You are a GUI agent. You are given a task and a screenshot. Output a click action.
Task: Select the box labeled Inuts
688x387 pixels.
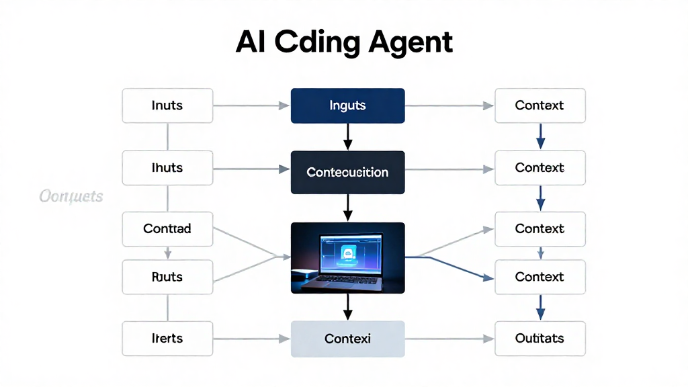click(167, 105)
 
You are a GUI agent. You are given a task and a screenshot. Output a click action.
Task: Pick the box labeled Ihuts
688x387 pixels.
click(167, 168)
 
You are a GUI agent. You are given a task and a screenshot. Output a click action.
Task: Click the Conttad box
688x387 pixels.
click(167, 228)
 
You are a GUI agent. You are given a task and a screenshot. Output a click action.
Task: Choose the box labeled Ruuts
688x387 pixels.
click(167, 277)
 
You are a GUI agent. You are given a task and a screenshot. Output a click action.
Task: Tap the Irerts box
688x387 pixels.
click(167, 338)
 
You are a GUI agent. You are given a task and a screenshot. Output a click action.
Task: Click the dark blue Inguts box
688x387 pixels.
click(347, 105)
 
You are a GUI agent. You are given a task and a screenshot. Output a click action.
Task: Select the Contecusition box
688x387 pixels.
click(347, 172)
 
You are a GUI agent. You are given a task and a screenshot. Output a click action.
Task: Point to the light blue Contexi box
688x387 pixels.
click(347, 339)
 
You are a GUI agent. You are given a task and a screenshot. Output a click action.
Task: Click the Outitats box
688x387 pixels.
click(540, 338)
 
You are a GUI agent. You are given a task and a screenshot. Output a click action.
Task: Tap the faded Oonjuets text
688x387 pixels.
click(71, 196)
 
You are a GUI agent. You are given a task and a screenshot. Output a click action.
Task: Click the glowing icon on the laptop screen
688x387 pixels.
click(347, 253)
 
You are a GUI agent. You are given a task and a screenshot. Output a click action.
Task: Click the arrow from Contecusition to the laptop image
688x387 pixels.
click(347, 207)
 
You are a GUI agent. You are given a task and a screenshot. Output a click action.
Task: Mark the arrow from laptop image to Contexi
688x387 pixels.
click(347, 307)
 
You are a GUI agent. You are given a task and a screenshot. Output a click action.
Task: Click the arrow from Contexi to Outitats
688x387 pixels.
click(449, 339)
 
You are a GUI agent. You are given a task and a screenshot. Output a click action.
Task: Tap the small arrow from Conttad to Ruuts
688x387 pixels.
click(167, 253)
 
